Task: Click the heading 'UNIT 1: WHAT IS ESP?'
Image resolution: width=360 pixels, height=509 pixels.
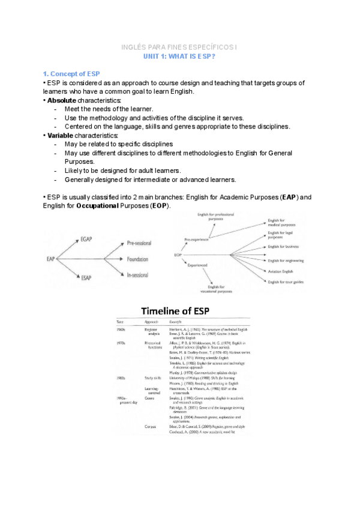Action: pyautogui.click(x=179, y=56)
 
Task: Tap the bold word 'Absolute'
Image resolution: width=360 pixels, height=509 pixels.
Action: pyautogui.click(x=62, y=100)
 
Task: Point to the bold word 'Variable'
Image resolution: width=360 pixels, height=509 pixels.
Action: pyautogui.click(x=61, y=136)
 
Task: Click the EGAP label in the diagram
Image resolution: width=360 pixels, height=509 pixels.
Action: pyautogui.click(x=88, y=239)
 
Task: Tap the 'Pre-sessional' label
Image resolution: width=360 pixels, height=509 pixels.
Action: pyautogui.click(x=139, y=243)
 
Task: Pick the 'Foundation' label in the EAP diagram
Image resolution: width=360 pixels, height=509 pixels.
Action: pyautogui.click(x=138, y=259)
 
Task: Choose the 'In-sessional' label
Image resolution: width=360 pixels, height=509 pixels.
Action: pyautogui.click(x=138, y=274)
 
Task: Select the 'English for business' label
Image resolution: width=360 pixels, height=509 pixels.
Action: pyautogui.click(x=284, y=246)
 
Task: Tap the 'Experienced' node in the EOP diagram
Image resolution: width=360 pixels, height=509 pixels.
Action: pyautogui.click(x=199, y=265)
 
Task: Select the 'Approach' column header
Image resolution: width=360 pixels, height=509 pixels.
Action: pyautogui.click(x=151, y=323)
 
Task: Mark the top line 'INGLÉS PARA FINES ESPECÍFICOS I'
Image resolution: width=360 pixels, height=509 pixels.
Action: pyautogui.click(x=179, y=46)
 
